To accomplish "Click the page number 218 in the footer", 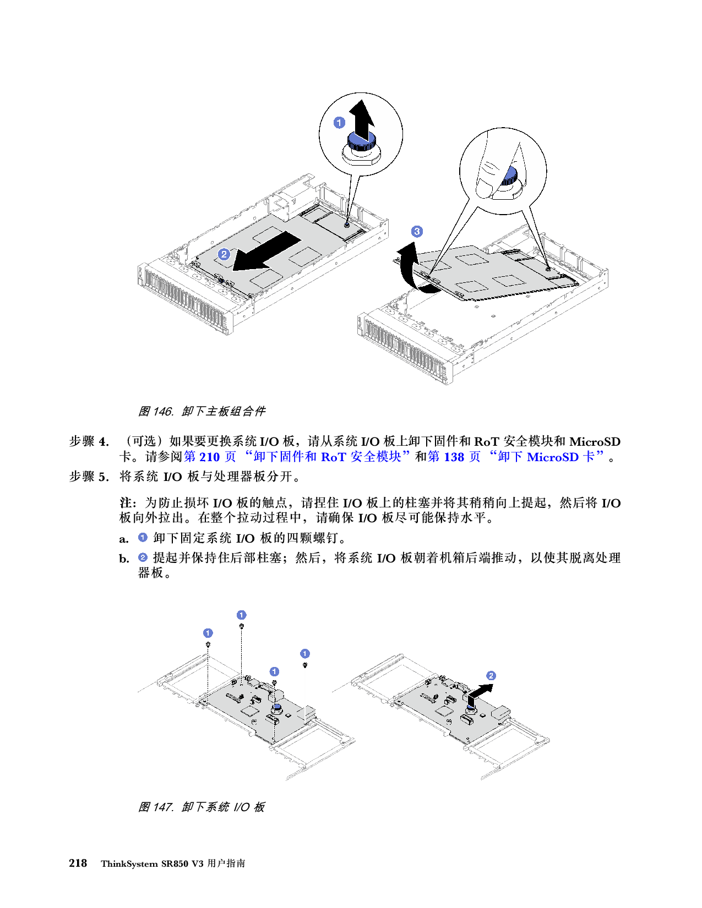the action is (78, 863).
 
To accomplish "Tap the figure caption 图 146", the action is (155, 412).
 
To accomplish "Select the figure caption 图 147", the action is (155, 806).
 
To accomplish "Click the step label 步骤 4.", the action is (89, 441).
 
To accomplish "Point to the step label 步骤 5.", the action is (89, 477).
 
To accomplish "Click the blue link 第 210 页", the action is (210, 457).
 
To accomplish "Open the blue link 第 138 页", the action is (454, 457).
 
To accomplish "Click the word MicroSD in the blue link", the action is (552, 457).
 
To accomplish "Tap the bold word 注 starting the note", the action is (126, 502).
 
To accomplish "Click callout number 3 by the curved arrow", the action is (417, 232).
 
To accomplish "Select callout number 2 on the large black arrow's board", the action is (224, 254).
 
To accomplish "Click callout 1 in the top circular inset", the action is (339, 123).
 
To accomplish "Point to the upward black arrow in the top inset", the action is (362, 118).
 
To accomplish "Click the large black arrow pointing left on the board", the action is (266, 252).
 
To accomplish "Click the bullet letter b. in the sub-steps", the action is (124, 558).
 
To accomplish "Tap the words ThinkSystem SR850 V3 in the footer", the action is (152, 864).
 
